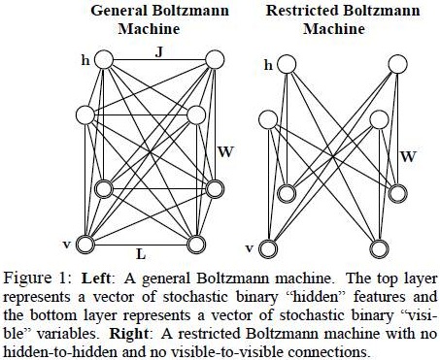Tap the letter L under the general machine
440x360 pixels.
coord(142,253)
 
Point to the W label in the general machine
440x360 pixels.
coord(225,149)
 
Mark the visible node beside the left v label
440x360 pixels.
coord(85,243)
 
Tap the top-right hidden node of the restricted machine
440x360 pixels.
coord(398,64)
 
